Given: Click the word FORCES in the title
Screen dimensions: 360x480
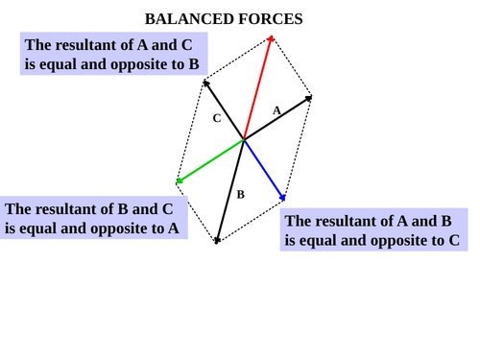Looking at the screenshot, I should coord(271,19).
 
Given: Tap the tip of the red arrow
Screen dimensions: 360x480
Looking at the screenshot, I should coord(272,37).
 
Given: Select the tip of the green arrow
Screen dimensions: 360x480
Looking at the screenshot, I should coord(178,181).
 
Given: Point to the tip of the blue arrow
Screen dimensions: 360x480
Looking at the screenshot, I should coord(284,199).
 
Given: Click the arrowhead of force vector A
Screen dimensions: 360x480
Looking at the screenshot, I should coord(310,97).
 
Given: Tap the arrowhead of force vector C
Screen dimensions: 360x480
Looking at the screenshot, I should coord(204,82).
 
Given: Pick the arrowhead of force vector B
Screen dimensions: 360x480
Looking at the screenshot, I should coord(217,240).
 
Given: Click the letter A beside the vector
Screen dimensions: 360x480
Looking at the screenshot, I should coord(276,110).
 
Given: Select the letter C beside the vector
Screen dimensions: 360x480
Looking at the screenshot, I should coord(217,118).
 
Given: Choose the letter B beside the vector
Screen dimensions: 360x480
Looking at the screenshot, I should coord(240,195).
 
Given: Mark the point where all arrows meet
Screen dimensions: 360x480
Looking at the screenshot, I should coord(244,139).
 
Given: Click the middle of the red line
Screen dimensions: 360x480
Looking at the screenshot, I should coord(257,88).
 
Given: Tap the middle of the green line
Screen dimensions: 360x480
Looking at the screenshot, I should coord(211,160).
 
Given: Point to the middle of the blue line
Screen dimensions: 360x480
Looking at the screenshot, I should coord(264,169).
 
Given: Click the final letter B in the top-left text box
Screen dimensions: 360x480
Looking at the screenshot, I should coord(194,64).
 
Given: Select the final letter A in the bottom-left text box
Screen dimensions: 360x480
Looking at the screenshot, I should coord(173,228).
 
